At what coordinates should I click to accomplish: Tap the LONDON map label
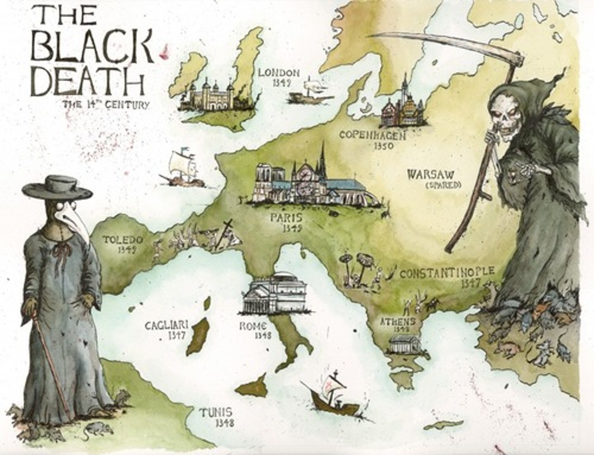(x=279, y=73)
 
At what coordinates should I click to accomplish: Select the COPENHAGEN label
(x=372, y=135)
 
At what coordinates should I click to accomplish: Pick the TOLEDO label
(x=123, y=240)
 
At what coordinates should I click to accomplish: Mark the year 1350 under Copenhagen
(x=384, y=146)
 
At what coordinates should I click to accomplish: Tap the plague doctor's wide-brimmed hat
(x=57, y=187)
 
